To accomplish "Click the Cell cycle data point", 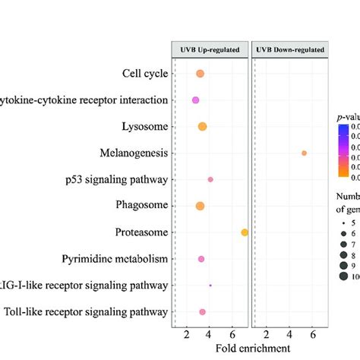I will [x=200, y=74].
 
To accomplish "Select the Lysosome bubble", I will [x=202, y=126].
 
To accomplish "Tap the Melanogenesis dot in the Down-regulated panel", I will [x=304, y=153].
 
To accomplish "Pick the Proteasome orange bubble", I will [x=245, y=232].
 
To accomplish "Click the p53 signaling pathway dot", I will [x=210, y=179].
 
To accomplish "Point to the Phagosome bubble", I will [x=200, y=206].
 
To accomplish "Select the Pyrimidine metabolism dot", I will [x=201, y=259].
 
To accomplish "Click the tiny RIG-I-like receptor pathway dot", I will [x=210, y=286].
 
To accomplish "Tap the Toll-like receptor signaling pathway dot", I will [x=202, y=312].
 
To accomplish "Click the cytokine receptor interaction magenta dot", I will [x=195, y=100].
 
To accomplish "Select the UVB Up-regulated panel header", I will [x=209, y=49].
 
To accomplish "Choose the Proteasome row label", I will [x=140, y=232].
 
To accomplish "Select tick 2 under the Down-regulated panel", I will [x=267, y=335].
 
